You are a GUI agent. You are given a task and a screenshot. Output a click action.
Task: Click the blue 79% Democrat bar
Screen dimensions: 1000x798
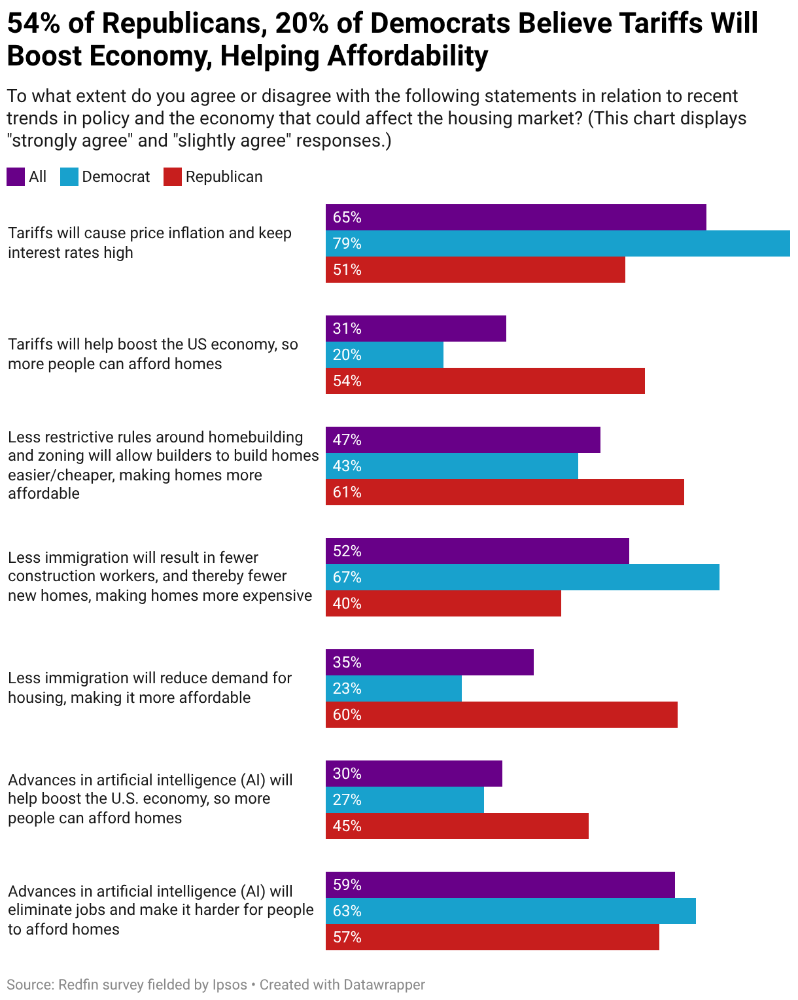[557, 243]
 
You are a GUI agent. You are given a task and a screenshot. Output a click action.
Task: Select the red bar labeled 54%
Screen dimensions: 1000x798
[485, 381]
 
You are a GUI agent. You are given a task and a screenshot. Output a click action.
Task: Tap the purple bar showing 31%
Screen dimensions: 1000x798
[415, 329]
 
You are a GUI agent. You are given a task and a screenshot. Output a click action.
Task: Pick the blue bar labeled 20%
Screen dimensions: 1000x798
[384, 355]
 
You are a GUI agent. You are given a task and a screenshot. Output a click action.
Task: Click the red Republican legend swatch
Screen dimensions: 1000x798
[172, 177]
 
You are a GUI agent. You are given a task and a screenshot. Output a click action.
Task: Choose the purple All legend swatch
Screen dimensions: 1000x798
[16, 177]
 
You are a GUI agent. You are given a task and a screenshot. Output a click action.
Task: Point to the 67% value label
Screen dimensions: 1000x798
[347, 577]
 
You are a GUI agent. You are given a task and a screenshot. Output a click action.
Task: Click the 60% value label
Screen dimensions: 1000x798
[347, 715]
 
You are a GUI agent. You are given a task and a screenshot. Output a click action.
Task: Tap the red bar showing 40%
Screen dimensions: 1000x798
[443, 603]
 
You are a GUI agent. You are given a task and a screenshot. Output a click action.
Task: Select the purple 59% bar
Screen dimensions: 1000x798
[500, 885]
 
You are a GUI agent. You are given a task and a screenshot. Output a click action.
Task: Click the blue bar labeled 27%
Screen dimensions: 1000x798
[404, 800]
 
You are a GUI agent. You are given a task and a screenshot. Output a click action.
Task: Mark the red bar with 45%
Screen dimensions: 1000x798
[457, 826]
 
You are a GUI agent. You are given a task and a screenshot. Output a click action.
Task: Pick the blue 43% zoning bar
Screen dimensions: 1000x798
[451, 466]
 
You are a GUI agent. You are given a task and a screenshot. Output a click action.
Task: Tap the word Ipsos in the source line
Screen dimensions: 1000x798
[230, 984]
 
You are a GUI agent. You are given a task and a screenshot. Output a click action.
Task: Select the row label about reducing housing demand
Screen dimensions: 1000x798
[150, 687]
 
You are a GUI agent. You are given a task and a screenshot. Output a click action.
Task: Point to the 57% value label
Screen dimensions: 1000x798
[347, 937]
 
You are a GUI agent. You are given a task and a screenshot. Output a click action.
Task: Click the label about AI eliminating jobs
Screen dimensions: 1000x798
[160, 910]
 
